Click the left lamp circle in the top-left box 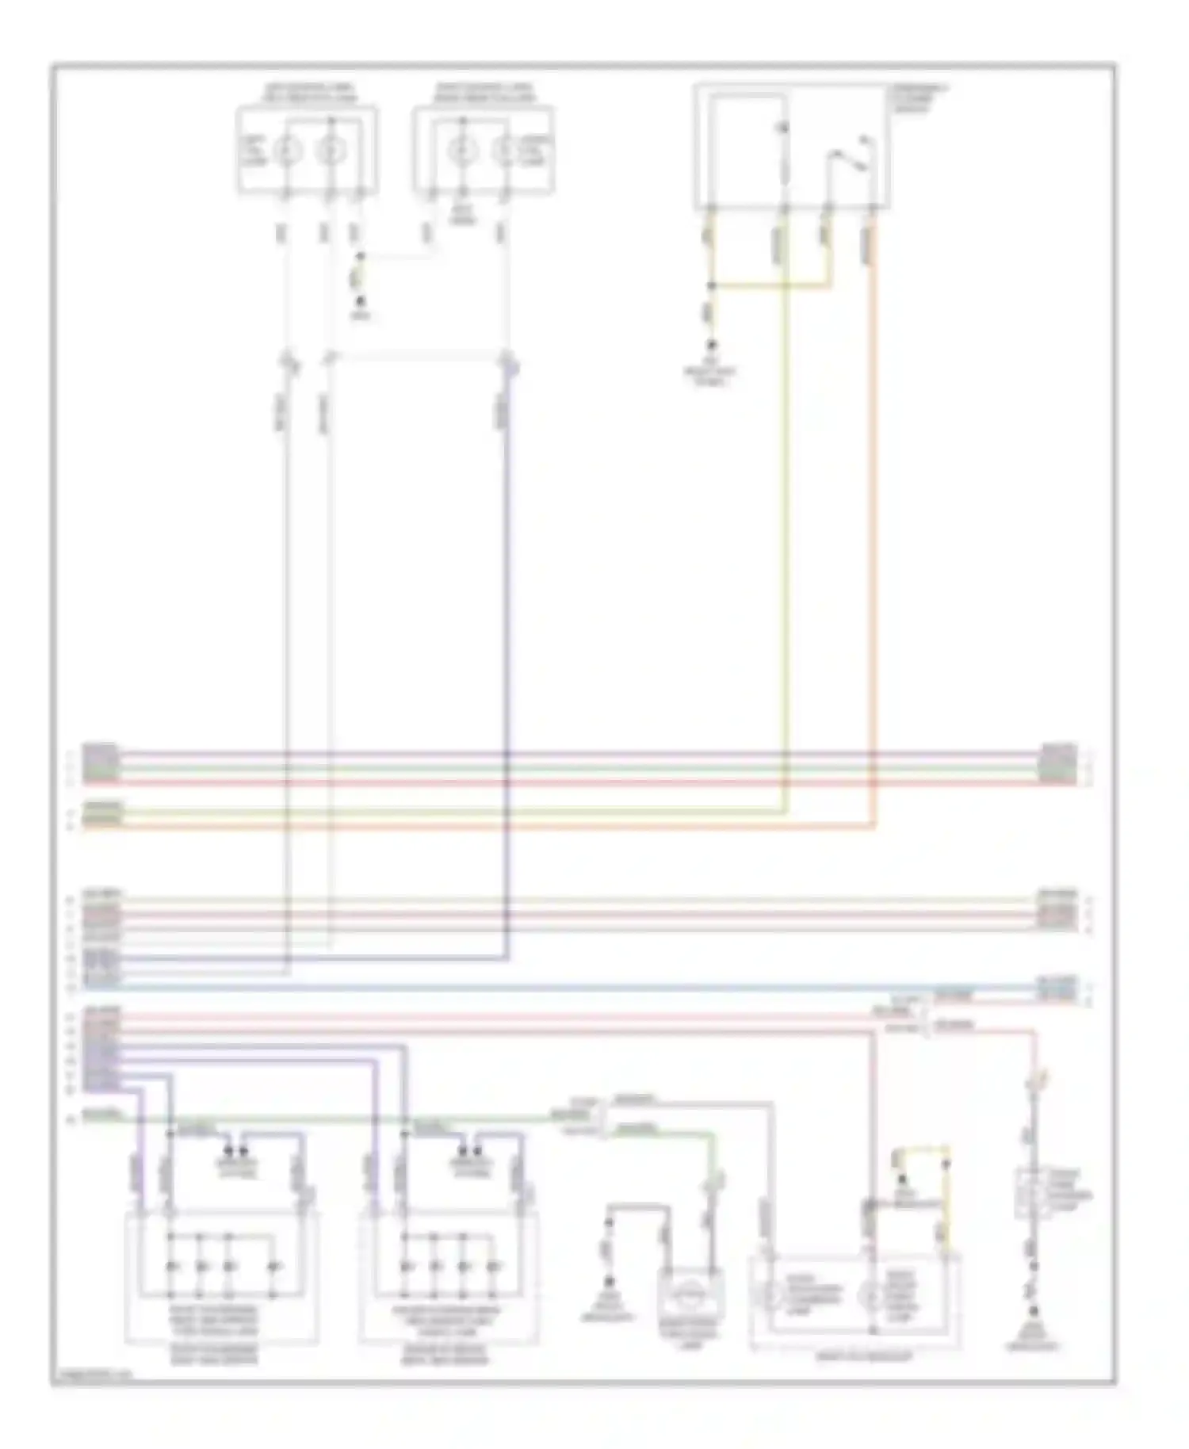[x=287, y=150]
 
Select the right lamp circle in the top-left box [x=331, y=150]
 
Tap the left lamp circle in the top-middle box [x=461, y=150]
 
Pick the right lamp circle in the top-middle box [x=505, y=150]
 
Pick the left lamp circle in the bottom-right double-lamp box [x=768, y=1295]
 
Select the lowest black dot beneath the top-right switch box [x=711, y=346]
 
